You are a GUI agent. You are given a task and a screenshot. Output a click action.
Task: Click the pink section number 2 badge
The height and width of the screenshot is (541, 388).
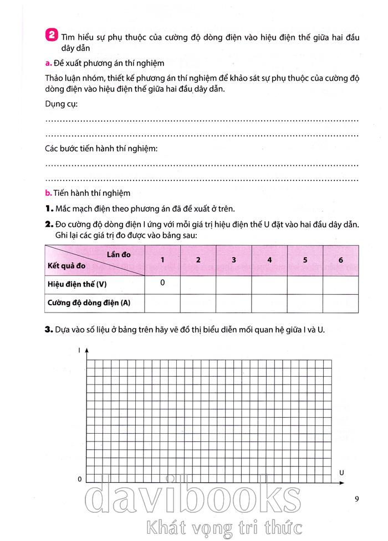(51, 35)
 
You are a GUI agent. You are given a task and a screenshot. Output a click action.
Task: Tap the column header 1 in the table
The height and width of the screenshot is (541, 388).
(162, 259)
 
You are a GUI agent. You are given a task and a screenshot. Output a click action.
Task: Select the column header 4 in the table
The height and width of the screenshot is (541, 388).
(269, 259)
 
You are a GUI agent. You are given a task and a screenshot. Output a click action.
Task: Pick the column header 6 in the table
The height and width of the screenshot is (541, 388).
(340, 259)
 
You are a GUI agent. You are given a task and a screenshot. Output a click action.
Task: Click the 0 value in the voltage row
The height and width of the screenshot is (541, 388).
(162, 283)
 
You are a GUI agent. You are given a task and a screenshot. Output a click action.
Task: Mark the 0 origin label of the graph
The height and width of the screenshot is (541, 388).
(80, 478)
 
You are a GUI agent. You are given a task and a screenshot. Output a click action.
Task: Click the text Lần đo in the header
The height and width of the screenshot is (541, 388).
(119, 254)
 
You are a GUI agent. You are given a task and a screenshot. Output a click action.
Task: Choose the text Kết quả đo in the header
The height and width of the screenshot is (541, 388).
(66, 266)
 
